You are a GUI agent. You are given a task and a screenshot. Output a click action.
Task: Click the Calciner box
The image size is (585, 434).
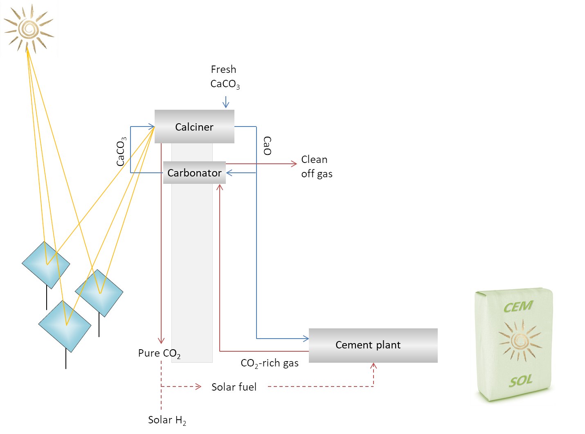click(x=194, y=127)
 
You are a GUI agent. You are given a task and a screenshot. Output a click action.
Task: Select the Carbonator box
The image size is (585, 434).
click(x=194, y=173)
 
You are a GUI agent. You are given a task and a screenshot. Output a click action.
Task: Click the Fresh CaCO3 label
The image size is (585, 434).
click(x=224, y=77)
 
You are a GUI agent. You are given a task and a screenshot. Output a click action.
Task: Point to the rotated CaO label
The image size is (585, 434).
click(x=267, y=146)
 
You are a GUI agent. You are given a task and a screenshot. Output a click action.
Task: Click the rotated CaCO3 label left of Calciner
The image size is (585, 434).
click(x=121, y=151)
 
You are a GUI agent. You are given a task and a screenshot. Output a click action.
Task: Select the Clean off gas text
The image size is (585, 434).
click(x=316, y=166)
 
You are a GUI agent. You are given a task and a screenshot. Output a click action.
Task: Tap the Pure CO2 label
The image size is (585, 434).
click(x=159, y=353)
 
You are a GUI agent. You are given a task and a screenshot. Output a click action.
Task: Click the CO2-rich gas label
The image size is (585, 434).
click(x=269, y=363)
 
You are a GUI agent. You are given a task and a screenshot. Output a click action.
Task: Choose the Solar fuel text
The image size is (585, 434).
click(x=234, y=387)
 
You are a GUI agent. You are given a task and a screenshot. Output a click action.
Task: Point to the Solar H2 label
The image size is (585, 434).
click(x=166, y=420)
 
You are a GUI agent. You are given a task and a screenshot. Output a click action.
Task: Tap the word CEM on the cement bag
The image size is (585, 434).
click(x=518, y=307)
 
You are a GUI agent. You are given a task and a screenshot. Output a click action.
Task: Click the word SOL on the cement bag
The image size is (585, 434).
click(x=520, y=381)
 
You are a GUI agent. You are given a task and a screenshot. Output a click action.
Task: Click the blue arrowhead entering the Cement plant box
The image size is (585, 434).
click(x=306, y=339)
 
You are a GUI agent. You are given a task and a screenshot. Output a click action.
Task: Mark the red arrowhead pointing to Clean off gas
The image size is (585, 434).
click(x=294, y=164)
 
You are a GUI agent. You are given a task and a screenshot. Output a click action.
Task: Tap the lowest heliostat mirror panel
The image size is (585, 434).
click(x=65, y=326)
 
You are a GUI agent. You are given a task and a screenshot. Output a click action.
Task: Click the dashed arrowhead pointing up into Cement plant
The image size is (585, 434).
click(x=373, y=366)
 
